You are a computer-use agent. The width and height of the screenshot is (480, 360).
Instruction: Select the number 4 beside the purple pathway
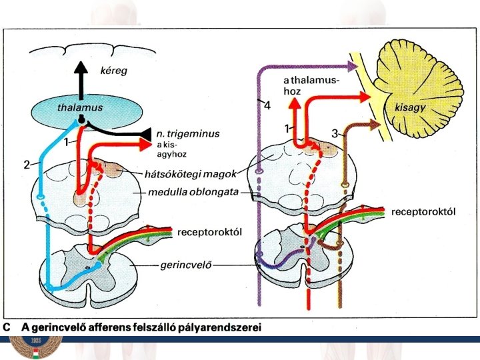(267, 105)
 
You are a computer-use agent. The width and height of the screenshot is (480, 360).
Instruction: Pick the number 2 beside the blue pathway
(27, 165)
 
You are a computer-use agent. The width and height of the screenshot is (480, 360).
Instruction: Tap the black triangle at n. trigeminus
(145, 134)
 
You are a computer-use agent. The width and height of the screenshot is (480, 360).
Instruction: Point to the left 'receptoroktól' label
(209, 232)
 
